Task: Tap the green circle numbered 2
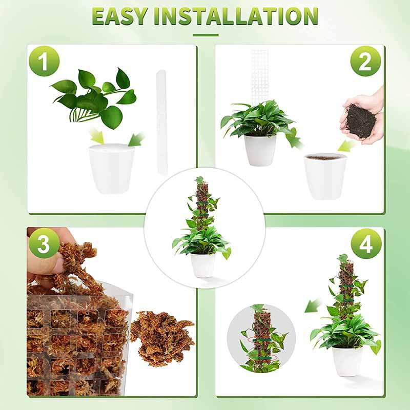(365, 61)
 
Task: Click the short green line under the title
(205, 35)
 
